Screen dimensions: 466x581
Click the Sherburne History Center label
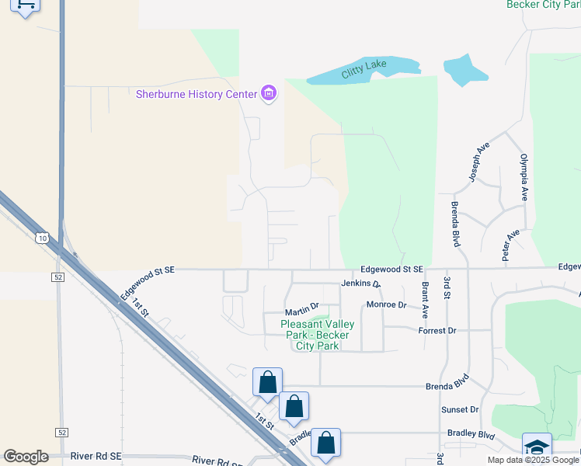coord(196,94)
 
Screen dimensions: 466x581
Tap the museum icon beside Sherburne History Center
coord(270,94)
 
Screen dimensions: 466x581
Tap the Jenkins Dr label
coord(360,284)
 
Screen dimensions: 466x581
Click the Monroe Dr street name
coord(386,304)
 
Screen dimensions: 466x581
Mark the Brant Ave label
coord(426,301)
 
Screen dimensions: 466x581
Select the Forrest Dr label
coord(436,330)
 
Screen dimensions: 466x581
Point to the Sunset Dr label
coord(459,409)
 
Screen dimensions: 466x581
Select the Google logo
coord(26,456)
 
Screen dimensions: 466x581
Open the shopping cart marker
coord(26,6)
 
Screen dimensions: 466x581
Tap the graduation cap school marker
coord(537,447)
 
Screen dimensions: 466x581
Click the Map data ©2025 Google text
coord(533,460)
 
